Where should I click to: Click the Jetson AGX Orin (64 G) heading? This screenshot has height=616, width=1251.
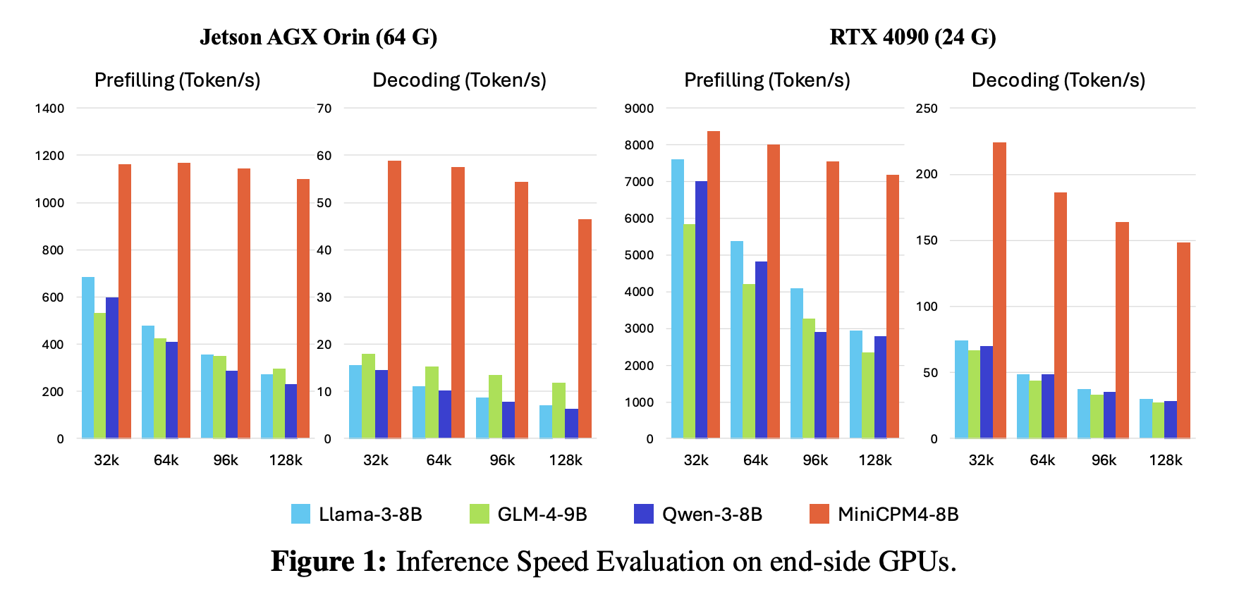coord(318,37)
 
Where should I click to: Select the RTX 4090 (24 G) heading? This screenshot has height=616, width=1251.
coord(913,37)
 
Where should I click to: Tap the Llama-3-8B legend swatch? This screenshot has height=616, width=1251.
coord(300,514)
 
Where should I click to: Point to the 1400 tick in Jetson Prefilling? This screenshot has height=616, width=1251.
coord(49,109)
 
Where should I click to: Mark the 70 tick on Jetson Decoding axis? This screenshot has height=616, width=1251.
coord(324,109)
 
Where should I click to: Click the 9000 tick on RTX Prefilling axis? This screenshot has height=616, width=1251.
coord(639,109)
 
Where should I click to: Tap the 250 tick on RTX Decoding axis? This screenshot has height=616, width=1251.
coord(926,109)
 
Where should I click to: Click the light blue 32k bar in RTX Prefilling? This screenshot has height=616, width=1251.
coord(677,299)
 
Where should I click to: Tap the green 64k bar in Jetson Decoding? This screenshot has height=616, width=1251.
coord(432,402)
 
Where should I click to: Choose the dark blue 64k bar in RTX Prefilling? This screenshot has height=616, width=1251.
coord(761,350)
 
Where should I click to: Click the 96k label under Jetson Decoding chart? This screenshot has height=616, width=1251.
coord(502,460)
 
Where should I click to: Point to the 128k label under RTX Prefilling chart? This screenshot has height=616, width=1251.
coord(874,460)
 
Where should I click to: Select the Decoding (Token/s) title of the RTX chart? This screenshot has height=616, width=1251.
coord(1058,80)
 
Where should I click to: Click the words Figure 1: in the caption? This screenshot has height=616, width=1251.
coord(329,562)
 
